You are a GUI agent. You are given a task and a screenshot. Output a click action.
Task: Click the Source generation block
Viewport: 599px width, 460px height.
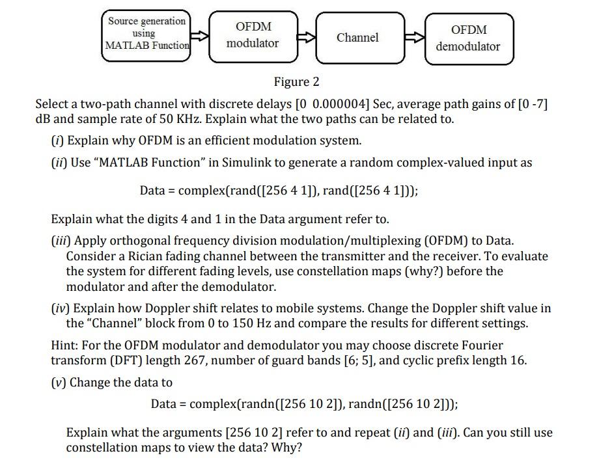(148, 33)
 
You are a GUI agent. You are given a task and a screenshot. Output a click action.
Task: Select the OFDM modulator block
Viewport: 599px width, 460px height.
(253, 35)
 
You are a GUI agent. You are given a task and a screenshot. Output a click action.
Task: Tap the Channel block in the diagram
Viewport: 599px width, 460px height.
(357, 38)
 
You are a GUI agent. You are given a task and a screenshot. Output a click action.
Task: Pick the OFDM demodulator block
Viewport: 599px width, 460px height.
(468, 38)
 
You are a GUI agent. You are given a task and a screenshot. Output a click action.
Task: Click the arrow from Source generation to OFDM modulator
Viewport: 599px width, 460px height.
(200, 38)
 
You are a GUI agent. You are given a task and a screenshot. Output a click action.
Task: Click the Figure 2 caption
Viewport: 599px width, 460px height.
(296, 82)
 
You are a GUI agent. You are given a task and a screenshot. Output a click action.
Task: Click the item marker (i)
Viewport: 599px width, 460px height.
(57, 141)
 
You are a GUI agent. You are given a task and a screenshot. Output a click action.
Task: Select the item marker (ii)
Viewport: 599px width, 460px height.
(59, 163)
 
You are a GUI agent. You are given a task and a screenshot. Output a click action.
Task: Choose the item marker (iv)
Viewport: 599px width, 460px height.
(61, 308)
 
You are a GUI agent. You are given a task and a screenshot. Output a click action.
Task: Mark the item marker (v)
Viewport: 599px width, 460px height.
(59, 383)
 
